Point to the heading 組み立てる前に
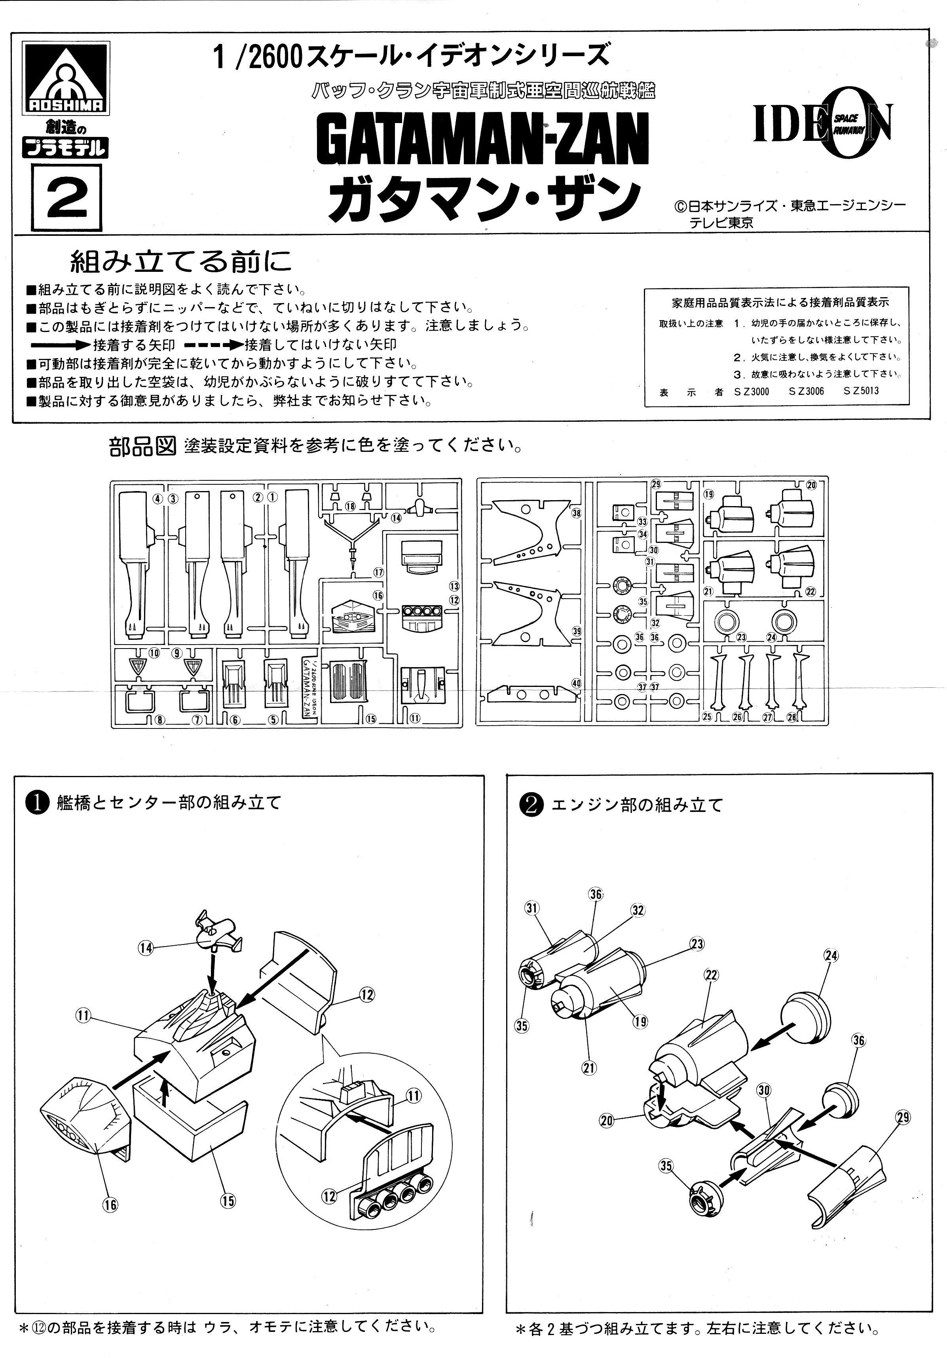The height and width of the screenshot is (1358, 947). [180, 261]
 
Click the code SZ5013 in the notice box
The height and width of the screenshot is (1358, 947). [861, 391]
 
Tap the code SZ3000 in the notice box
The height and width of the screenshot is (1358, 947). [751, 391]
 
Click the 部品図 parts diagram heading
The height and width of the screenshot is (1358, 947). [142, 447]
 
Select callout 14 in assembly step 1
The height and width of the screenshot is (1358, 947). [145, 948]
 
